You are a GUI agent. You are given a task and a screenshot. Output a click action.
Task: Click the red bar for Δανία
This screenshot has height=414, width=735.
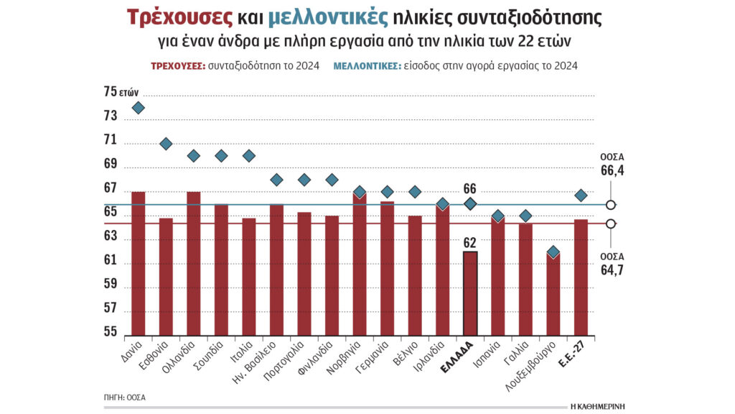[x=138, y=262]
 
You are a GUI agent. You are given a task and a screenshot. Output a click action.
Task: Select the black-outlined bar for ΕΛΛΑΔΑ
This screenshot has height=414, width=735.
[x=470, y=293]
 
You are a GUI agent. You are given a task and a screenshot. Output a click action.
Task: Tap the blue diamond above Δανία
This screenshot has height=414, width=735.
[x=138, y=108]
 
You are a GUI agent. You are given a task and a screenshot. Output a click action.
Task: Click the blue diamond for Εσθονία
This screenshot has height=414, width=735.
[x=166, y=144]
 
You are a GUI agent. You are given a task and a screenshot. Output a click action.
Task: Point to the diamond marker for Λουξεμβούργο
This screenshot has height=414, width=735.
[x=553, y=252]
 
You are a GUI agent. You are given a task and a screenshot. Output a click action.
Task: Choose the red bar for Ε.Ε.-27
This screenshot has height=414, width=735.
[x=581, y=277]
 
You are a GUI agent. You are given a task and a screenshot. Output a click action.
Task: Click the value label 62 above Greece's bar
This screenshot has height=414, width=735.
[x=470, y=242]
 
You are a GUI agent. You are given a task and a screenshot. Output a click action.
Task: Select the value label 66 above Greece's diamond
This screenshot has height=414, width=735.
[x=470, y=188]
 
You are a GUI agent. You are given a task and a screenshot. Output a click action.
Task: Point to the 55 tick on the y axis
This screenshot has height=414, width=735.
[x=111, y=332]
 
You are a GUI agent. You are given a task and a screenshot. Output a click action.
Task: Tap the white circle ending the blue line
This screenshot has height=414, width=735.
[x=610, y=205]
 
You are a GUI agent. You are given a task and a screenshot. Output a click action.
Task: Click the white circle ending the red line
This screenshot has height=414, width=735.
[x=610, y=224]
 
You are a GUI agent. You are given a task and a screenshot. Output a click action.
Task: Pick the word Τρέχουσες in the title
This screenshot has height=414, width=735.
[x=179, y=18]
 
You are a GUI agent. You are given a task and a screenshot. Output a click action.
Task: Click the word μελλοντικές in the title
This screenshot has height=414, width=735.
[x=328, y=18]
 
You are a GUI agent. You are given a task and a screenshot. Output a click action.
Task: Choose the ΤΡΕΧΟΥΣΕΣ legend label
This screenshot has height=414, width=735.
[x=177, y=65]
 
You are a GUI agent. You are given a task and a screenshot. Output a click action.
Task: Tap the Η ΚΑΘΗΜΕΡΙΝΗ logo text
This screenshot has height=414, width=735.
[x=597, y=405]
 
